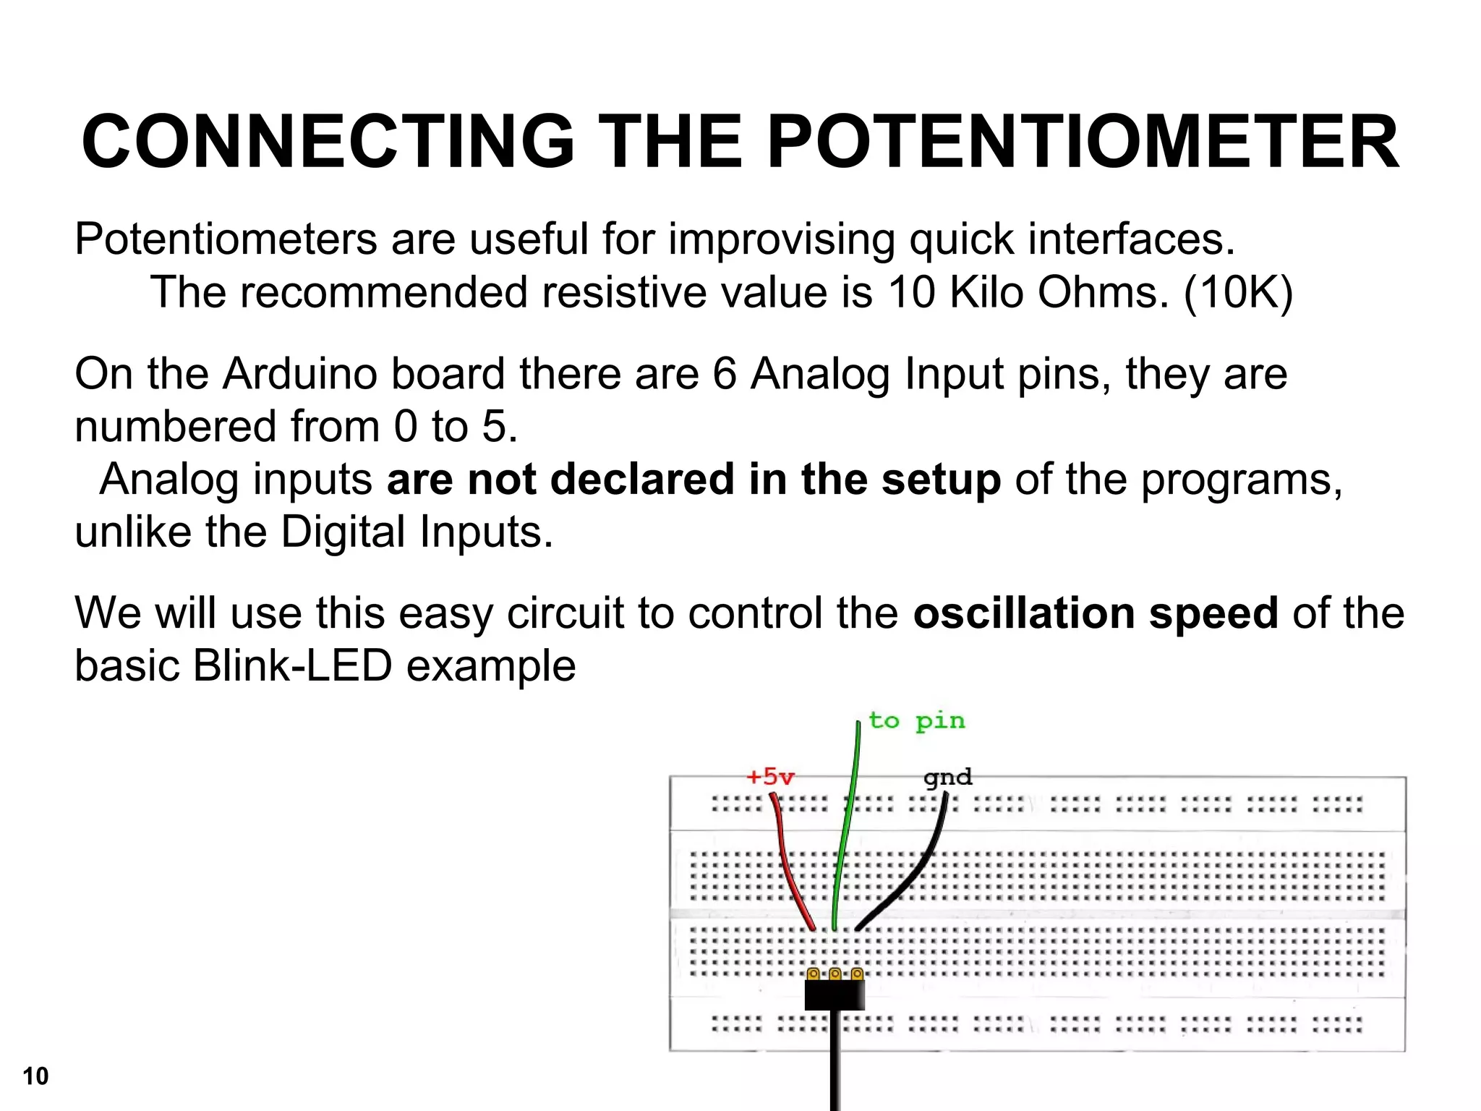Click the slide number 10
[35, 1076]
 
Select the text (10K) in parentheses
[1238, 293]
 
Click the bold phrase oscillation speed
[1096, 613]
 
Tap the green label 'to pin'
[916, 721]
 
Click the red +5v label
[770, 778]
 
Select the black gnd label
[947, 778]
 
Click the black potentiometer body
[835, 995]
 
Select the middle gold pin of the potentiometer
[835, 974]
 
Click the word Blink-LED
[292, 666]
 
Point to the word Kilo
[986, 293]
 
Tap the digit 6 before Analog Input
[724, 375]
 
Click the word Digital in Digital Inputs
[343, 532]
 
